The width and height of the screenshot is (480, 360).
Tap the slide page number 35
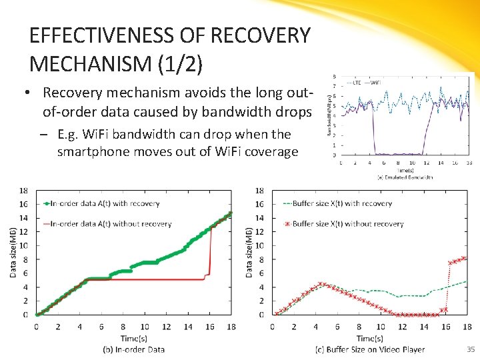tap(470, 349)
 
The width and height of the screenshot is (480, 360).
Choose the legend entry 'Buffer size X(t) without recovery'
tap(347, 224)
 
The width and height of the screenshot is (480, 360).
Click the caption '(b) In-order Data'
tap(133, 349)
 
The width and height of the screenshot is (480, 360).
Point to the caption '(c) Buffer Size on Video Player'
tap(370, 349)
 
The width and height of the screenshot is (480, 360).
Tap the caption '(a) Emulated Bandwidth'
tap(405, 177)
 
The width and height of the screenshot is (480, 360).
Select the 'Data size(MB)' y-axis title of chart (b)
tap(13, 252)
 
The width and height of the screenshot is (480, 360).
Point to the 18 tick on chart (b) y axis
tap(23, 191)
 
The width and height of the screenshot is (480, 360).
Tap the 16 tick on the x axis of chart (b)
tap(210, 327)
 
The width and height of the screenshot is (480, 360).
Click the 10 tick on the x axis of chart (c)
tap(380, 327)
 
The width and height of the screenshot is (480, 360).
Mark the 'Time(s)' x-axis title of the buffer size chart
tap(369, 338)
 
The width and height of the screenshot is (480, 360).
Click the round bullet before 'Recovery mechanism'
tap(31, 93)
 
